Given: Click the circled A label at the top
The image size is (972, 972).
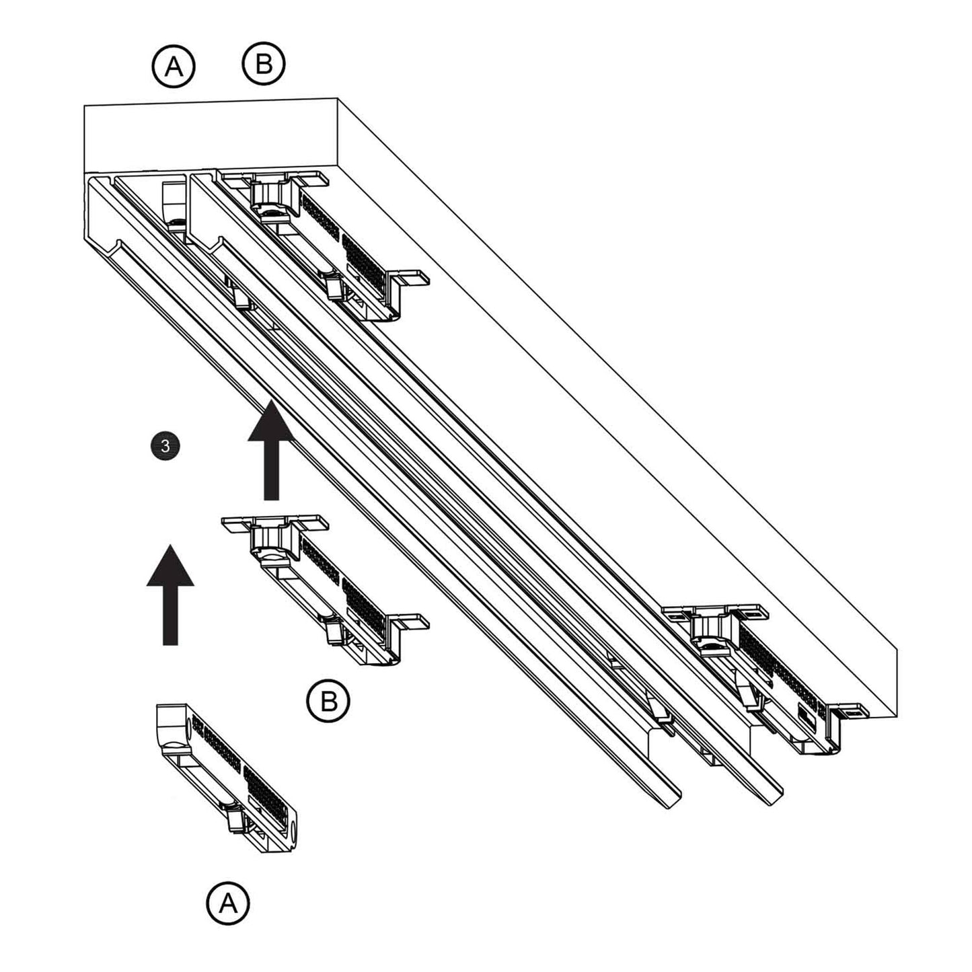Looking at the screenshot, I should [174, 66].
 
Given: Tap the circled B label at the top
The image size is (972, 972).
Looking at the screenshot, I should [264, 64].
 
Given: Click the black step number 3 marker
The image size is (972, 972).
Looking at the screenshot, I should [165, 445].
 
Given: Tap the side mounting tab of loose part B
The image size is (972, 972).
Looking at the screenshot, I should [410, 622].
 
